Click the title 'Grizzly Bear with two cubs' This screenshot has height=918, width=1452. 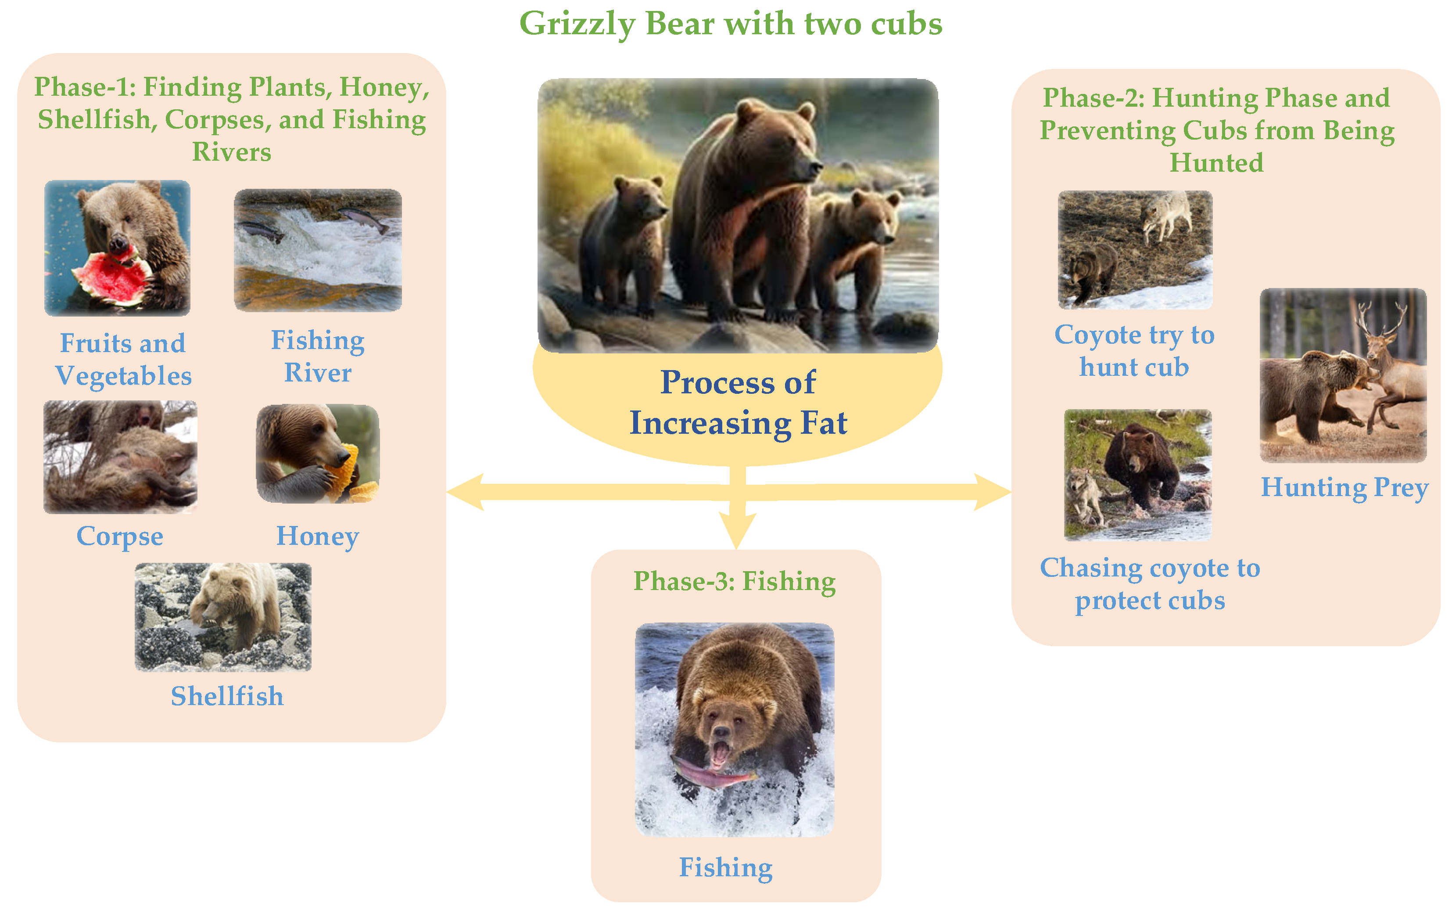(731, 24)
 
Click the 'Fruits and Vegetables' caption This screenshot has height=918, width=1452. (123, 360)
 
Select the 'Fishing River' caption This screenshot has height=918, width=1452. (318, 356)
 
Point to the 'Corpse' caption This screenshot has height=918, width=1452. (120, 536)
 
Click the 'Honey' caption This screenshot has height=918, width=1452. (318, 536)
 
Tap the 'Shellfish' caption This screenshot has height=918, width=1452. (227, 696)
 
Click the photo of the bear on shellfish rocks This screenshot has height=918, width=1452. (223, 617)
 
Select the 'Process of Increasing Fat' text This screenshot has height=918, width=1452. (738, 402)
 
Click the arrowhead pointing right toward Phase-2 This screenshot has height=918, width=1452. (993, 492)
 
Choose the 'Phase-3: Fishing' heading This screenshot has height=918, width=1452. (735, 581)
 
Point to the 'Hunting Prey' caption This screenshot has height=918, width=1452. (1344, 487)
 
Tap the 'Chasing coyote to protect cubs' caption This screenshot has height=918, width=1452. (1150, 584)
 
